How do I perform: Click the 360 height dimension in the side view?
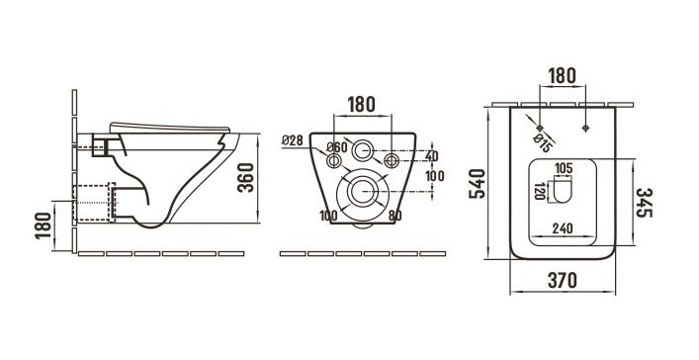245,178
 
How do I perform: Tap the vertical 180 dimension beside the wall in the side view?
44,225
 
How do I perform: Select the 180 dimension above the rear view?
362,105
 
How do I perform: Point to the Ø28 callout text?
293,140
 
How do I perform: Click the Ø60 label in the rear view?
336,146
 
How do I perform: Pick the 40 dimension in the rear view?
431,156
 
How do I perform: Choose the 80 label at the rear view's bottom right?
394,216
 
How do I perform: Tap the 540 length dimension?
477,183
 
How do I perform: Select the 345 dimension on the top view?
645,203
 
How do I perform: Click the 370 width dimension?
563,280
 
